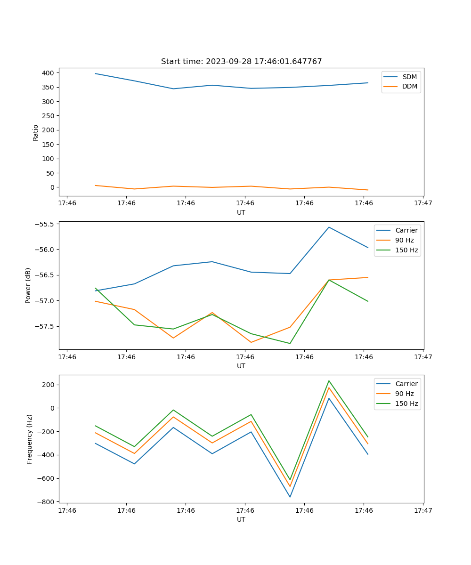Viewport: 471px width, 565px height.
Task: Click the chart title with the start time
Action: [241, 62]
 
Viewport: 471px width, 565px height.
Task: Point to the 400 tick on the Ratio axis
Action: [48, 73]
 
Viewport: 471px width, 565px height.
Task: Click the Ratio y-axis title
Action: [35, 132]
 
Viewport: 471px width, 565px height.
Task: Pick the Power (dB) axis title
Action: [28, 285]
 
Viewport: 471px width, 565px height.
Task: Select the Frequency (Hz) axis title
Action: [29, 439]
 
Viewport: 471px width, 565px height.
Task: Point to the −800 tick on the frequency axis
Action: [47, 502]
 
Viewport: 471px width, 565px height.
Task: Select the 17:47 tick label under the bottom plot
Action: [423, 510]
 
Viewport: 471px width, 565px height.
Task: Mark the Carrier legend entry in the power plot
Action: [406, 230]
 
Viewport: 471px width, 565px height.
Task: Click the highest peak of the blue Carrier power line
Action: [329, 227]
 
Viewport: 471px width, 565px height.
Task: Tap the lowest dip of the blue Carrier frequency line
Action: [290, 497]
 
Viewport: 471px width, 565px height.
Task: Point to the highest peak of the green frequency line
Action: [329, 380]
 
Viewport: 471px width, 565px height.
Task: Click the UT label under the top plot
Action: [241, 212]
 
